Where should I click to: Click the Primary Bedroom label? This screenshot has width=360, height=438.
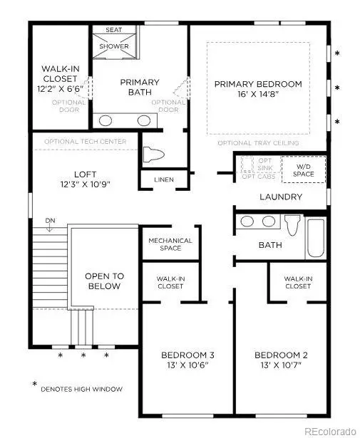tap(258, 84)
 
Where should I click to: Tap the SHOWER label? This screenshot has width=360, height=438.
tap(114, 47)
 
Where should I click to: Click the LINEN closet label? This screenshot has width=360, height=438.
tap(163, 179)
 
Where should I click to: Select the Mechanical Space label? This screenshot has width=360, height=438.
tap(170, 245)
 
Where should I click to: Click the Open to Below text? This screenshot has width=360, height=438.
tap(104, 281)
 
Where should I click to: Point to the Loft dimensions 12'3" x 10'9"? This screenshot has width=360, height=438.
tap(85, 184)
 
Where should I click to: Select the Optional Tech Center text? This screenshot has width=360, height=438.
tap(85, 142)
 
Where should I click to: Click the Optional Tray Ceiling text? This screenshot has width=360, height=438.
tap(258, 143)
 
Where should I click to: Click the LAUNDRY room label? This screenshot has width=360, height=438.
tap(280, 197)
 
